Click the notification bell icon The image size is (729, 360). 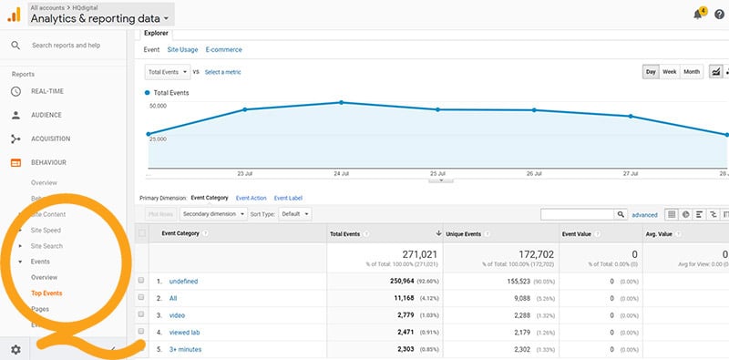[698, 14]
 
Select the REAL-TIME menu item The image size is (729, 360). [46, 91]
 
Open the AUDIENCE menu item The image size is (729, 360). [46, 115]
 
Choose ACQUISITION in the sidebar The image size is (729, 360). [51, 139]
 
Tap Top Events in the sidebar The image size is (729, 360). [46, 293]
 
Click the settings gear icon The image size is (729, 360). [15, 350]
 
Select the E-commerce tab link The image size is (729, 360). [223, 49]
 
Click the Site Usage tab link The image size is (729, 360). [182, 49]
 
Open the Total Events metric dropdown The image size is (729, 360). [168, 71]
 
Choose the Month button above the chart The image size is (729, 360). [692, 71]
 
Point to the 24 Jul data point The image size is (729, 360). [341, 102]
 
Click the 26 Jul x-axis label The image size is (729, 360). [534, 173]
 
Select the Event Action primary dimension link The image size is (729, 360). [251, 198]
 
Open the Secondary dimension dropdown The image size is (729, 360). [212, 214]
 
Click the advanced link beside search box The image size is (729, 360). [644, 215]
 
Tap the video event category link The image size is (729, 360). [178, 314]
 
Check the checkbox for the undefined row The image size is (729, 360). [141, 281]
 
